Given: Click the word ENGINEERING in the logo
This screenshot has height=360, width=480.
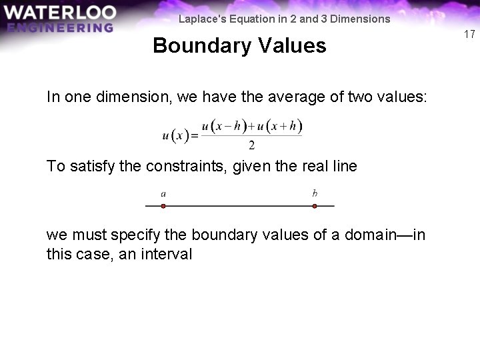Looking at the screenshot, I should point(61,27).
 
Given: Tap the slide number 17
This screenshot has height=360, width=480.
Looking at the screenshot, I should point(469,34).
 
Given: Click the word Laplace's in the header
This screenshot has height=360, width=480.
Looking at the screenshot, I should point(201,19).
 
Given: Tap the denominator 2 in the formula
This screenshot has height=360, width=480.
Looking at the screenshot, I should point(251,145).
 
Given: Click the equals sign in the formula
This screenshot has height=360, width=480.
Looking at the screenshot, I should point(195,136).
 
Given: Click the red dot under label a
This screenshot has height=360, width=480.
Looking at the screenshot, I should point(163,206).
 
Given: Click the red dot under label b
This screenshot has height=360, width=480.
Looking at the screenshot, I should point(315,206).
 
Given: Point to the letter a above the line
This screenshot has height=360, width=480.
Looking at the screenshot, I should point(163,194).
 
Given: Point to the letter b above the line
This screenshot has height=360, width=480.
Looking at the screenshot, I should point(315,193).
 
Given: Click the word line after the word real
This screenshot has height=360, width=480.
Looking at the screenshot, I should point(345,166).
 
